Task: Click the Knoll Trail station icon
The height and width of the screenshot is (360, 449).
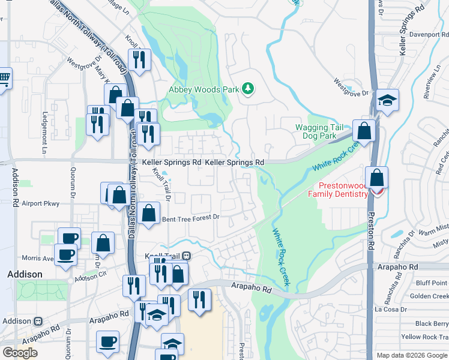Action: coord(186,256)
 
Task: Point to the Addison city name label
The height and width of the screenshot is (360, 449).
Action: coord(25,274)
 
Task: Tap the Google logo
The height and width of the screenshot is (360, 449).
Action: coord(20,353)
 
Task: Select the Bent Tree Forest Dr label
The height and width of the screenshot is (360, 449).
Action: coord(191,218)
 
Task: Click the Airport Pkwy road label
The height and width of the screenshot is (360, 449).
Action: coord(40,204)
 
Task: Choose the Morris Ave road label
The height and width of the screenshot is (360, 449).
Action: coord(37,258)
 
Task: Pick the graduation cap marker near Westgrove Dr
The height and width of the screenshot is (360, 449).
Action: coord(387,101)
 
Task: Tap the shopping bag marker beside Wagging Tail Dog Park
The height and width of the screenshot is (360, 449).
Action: coord(364,130)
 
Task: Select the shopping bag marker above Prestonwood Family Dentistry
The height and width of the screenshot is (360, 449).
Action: coord(376,178)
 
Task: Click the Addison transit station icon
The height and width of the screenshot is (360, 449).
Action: coord(38,321)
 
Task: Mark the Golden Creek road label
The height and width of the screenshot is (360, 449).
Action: coord(428,296)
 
